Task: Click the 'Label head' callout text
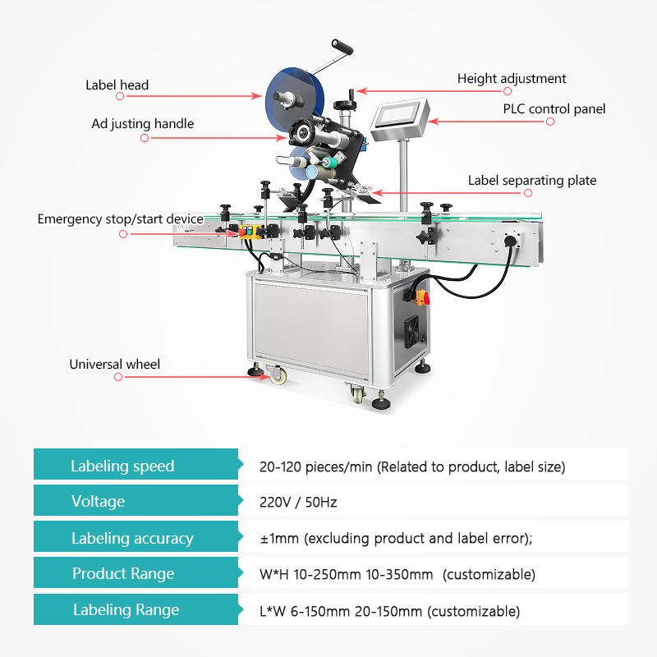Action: pyautogui.click(x=117, y=85)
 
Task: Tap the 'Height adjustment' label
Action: pyautogui.click(x=512, y=79)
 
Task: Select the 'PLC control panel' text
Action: pyautogui.click(x=554, y=108)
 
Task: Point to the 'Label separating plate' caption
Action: pyautogui.click(x=532, y=180)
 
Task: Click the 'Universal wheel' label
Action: pyautogui.click(x=114, y=364)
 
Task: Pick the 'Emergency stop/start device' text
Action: pyautogui.click(x=120, y=219)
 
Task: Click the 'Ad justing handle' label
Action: pyautogui.click(x=143, y=124)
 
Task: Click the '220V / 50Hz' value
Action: pyautogui.click(x=298, y=501)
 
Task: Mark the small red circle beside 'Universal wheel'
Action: pyautogui.click(x=118, y=377)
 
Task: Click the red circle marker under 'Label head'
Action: pyautogui.click(x=120, y=96)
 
